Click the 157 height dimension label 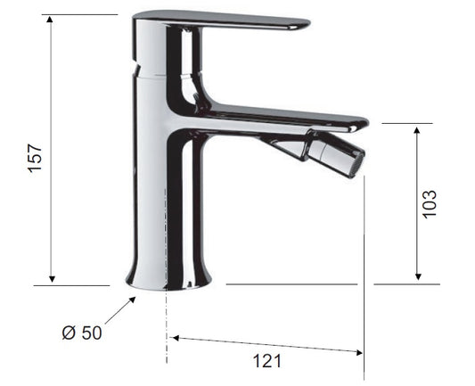click(x=35, y=158)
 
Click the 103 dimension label click(x=430, y=204)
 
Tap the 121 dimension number click(x=266, y=361)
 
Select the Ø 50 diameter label click(x=82, y=333)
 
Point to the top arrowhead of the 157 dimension click(x=50, y=19)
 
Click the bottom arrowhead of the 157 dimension click(x=52, y=279)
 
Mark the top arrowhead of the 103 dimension click(x=417, y=130)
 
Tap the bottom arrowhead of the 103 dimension click(x=418, y=276)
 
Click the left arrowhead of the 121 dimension click(x=175, y=338)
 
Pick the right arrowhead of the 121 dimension click(x=359, y=352)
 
